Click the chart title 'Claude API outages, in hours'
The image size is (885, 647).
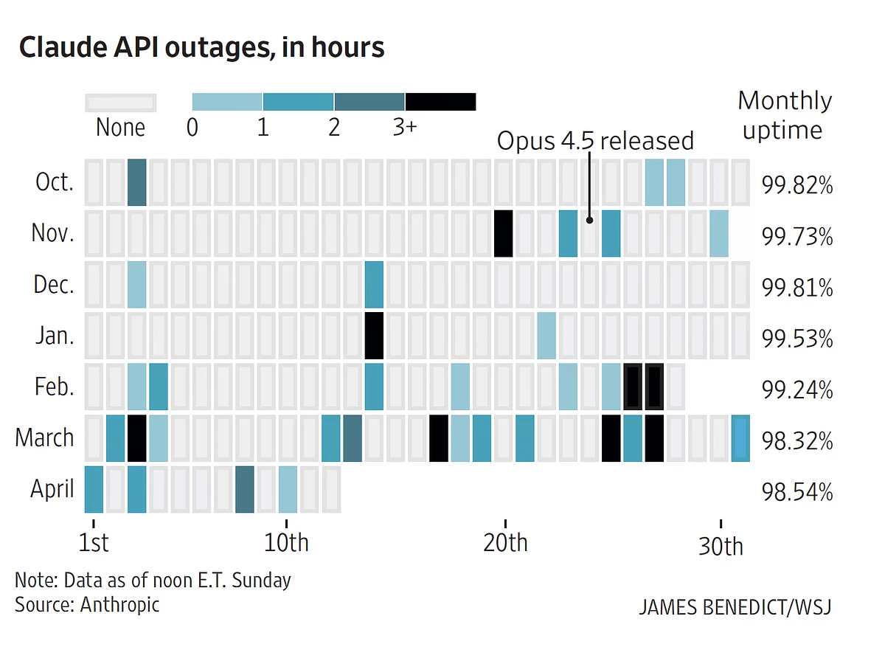[201, 47]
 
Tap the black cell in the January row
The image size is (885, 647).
[375, 336]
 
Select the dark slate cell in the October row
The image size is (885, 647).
[137, 182]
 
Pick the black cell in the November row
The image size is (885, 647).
[504, 233]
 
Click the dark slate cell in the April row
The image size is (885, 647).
[245, 489]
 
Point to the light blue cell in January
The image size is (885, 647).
[546, 336]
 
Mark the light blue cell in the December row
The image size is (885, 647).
[137, 284]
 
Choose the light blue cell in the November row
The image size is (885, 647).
[719, 233]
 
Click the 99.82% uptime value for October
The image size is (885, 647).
[797, 186]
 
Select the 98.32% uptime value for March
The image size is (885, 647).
[797, 442]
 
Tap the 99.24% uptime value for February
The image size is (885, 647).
[797, 390]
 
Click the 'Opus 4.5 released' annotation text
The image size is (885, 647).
[595, 140]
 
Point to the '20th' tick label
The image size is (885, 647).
[506, 542]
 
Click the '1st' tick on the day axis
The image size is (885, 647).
[94, 542]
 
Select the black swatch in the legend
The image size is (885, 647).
[440, 102]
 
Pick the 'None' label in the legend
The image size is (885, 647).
[120, 128]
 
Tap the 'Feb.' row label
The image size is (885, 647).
[54, 387]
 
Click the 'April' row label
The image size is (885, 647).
[52, 488]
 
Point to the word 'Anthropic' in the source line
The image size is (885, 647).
[119, 605]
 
